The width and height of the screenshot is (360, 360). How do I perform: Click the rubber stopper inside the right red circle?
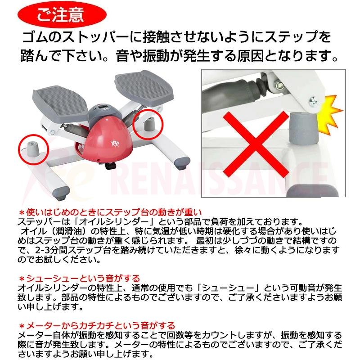pyautogui.click(x=149, y=122)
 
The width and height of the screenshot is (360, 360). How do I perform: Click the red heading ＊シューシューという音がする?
pyautogui.click(x=79, y=279)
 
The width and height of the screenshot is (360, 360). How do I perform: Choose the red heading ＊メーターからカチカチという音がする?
pyautogui.click(x=96, y=325)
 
